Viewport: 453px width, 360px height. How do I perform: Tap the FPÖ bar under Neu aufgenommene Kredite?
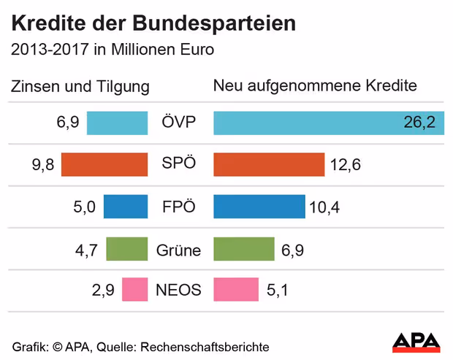click(x=259, y=207)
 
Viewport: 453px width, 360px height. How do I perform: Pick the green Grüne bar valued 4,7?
click(x=127, y=249)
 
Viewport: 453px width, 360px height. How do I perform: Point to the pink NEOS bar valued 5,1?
click(x=236, y=289)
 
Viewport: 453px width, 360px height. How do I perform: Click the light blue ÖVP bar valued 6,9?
click(x=117, y=123)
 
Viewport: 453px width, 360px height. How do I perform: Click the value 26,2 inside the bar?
click(x=419, y=123)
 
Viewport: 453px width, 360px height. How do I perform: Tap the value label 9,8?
click(x=43, y=165)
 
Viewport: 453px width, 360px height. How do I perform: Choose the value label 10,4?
click(x=324, y=208)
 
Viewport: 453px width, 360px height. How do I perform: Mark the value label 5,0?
click(x=84, y=207)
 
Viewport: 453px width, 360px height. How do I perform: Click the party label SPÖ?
click(x=179, y=164)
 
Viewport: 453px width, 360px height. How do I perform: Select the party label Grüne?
click(x=178, y=250)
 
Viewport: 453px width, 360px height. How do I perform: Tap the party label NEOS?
click(x=178, y=290)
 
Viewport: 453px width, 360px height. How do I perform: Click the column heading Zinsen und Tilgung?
click(x=80, y=87)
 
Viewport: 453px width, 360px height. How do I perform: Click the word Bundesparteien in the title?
click(x=215, y=23)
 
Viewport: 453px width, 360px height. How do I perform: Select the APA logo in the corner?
click(x=416, y=341)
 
